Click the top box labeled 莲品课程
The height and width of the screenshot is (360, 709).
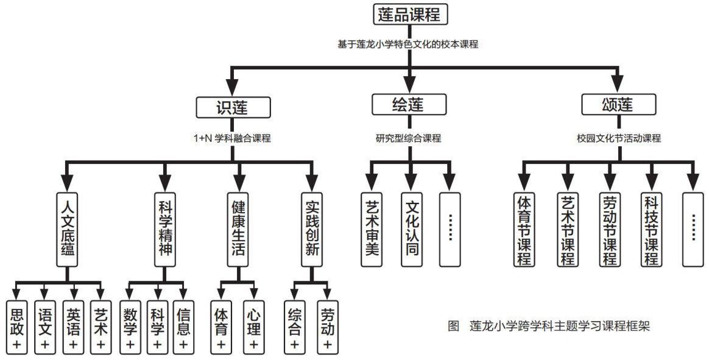409,15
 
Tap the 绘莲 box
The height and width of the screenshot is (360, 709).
407,105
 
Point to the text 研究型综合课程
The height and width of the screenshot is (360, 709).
408,138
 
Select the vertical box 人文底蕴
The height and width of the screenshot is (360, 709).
68,230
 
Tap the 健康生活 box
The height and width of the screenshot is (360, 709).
238,230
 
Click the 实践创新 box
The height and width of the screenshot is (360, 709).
311,230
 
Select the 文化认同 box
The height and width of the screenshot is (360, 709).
412,230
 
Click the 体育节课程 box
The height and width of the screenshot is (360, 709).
524,230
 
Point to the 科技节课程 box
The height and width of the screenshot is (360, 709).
651,230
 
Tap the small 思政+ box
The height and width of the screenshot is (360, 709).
16,328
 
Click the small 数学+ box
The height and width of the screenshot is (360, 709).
130,328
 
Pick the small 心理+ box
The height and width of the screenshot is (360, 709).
254,328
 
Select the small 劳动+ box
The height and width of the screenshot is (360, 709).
328,328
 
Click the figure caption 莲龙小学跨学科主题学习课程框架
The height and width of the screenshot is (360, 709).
548,326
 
